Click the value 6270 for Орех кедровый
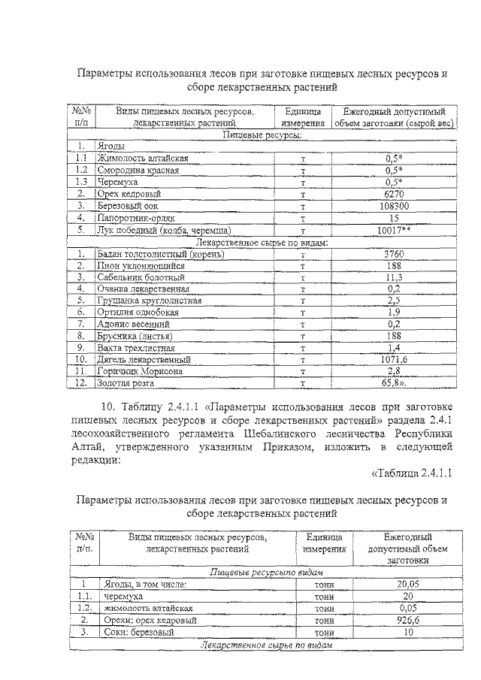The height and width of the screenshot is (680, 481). (394, 193)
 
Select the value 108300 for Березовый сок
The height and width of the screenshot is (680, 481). (394, 205)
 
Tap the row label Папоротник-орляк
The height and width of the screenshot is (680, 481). (136, 217)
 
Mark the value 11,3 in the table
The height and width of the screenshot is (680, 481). (394, 277)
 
